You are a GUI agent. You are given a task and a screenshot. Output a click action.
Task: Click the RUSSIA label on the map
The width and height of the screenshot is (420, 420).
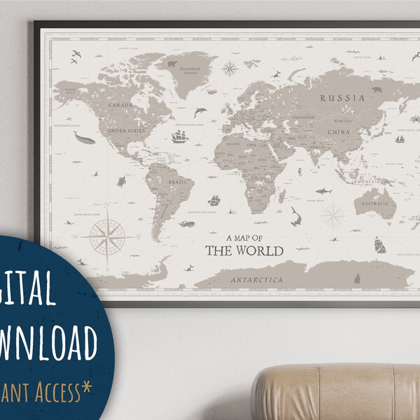[x=342, y=99]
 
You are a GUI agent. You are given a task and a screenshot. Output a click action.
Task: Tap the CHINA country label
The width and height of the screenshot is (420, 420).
[x=338, y=132]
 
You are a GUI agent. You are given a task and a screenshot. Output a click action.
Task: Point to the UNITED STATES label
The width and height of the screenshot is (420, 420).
[x=127, y=130]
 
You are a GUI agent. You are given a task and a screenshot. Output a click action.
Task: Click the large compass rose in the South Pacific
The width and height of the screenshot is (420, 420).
[x=108, y=237]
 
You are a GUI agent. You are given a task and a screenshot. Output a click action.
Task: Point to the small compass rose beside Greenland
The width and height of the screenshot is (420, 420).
[x=230, y=68]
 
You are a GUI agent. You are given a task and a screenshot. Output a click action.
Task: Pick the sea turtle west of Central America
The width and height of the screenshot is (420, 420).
[x=122, y=181]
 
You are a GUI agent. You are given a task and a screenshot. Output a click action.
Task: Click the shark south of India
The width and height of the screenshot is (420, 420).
[x=323, y=190]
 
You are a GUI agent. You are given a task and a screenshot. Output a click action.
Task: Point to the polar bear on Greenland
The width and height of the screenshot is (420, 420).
[x=171, y=65]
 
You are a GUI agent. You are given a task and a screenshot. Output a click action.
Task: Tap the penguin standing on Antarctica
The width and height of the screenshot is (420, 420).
[x=357, y=278]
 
